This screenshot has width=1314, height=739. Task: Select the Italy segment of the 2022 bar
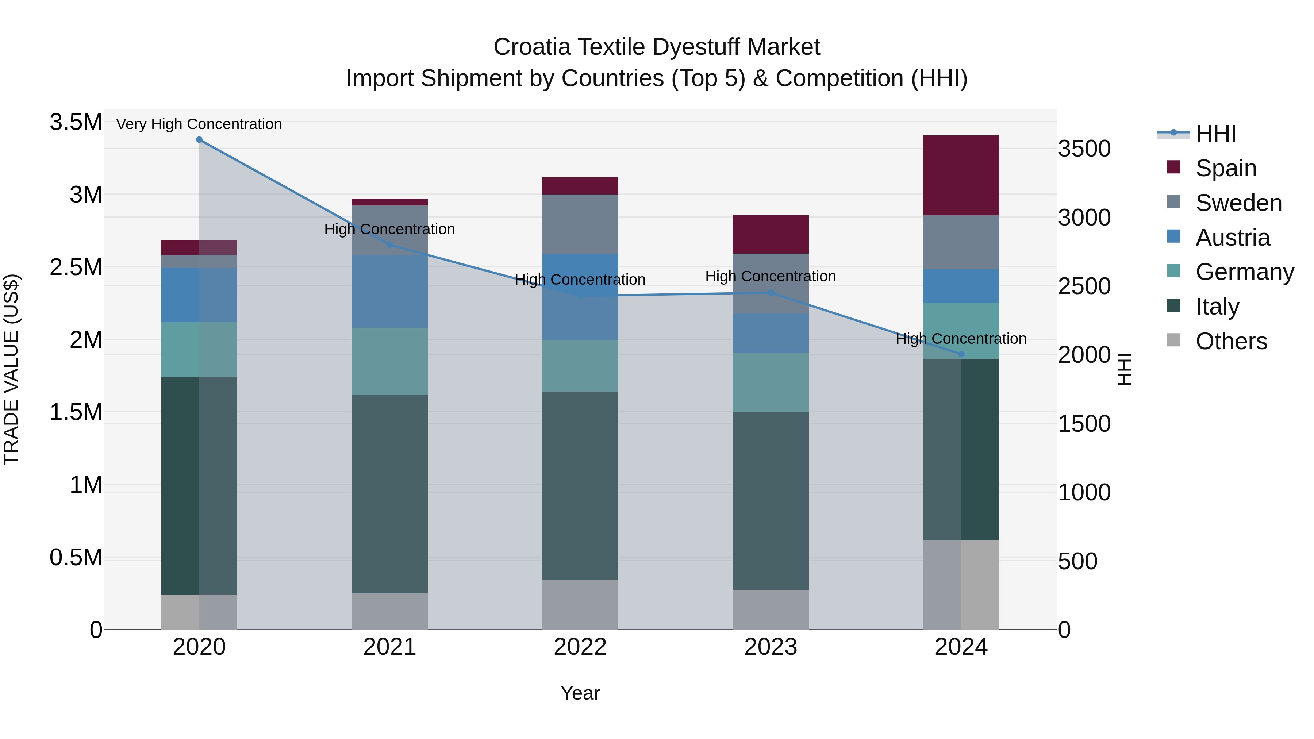tap(580, 485)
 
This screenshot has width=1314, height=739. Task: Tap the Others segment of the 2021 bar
tap(390, 611)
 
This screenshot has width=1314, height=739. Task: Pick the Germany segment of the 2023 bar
tap(771, 382)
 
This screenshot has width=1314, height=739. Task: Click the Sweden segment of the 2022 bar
tap(580, 224)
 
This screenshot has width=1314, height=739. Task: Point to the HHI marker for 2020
tap(199, 140)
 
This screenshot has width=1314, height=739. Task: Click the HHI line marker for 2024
tap(961, 354)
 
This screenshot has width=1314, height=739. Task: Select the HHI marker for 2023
tap(771, 293)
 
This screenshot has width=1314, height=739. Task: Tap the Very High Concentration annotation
tap(199, 124)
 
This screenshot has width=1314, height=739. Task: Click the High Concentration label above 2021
tap(390, 230)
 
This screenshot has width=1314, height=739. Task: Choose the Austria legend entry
tap(1232, 238)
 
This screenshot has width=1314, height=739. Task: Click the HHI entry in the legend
tap(1215, 134)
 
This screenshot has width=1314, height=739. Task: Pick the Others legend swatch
tap(1174, 340)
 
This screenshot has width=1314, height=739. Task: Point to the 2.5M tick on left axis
tap(76, 267)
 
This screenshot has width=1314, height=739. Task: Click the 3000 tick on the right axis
tap(1084, 218)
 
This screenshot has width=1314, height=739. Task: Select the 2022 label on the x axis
tap(580, 647)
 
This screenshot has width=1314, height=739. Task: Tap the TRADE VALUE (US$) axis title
tap(11, 369)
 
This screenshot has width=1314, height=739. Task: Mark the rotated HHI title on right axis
tap(1124, 369)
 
